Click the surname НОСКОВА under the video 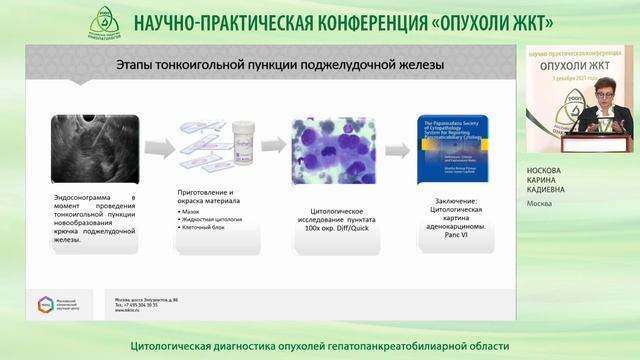point(547,172)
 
